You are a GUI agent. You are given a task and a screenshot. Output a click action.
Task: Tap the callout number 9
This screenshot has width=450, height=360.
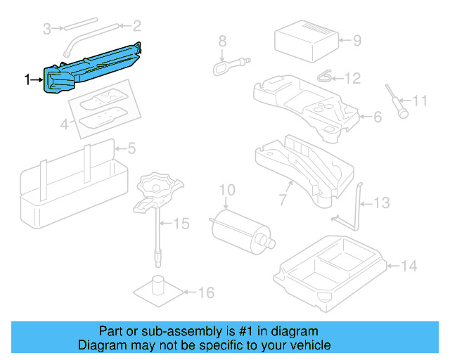click(x=356, y=40)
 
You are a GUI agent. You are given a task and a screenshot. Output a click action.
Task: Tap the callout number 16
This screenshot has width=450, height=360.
click(x=205, y=292)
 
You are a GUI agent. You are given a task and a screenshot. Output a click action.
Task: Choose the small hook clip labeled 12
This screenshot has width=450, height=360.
click(x=326, y=75)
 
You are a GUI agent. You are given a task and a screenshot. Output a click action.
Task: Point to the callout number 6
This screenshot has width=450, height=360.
click(x=377, y=117)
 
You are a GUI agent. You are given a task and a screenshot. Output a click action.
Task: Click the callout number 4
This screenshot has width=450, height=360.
click(x=65, y=126)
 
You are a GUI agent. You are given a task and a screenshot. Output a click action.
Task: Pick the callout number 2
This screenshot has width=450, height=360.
click(x=136, y=27)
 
